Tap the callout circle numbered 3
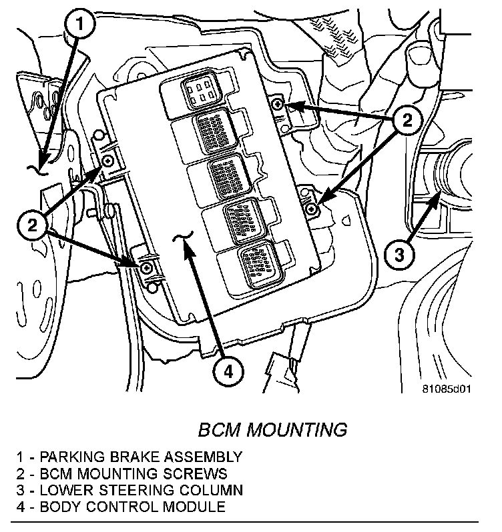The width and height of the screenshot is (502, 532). point(399,254)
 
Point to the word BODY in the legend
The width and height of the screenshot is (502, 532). point(59,507)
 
